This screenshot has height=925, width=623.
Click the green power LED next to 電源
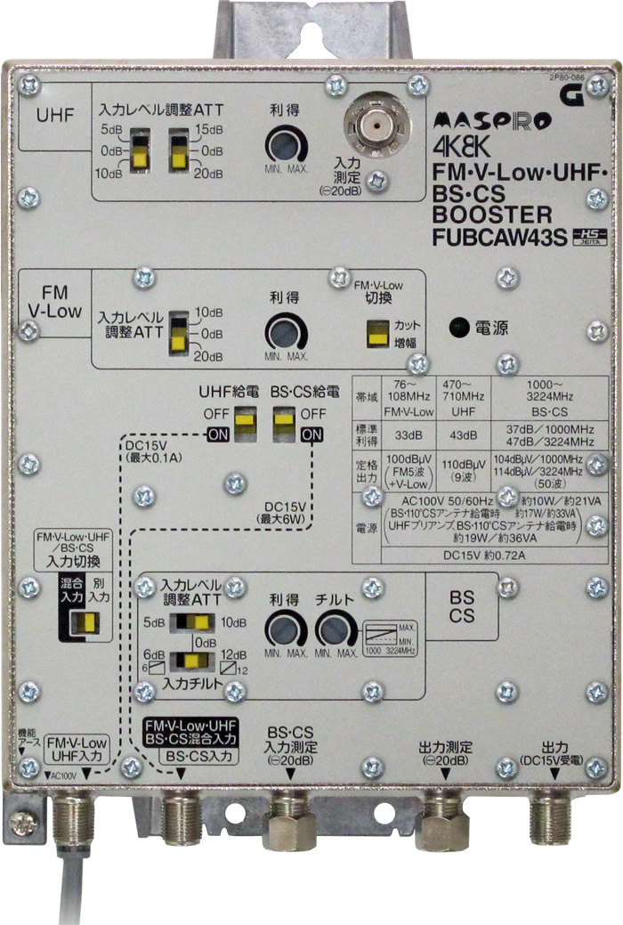coord(458,327)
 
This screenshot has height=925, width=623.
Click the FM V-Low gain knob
coord(286,334)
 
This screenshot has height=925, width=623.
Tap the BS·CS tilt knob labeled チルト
coord(334,630)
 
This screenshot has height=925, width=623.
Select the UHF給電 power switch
coord(245,422)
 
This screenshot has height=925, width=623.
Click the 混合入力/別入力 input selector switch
coord(85,621)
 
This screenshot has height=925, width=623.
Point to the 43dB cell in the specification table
coord(463,436)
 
